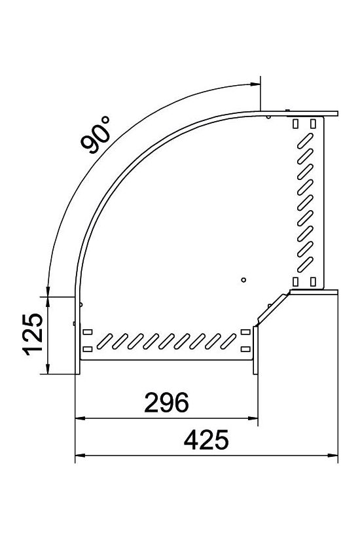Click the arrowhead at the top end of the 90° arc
(254, 84)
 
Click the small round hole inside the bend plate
(243, 279)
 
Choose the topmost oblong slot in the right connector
(306, 139)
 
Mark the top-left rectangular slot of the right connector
(296, 124)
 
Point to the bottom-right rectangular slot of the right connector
(313, 281)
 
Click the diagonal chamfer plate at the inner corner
(271, 309)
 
